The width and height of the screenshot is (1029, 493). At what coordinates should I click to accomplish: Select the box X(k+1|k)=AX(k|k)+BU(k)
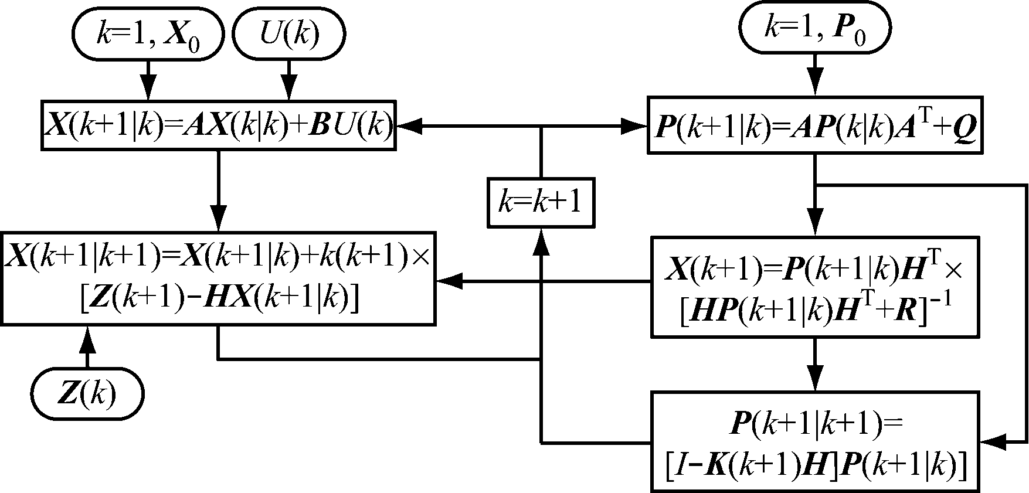coord(219,125)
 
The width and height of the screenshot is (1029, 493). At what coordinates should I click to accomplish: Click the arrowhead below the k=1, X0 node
coord(148,89)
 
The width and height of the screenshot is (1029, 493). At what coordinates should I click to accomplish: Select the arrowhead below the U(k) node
coord(288,89)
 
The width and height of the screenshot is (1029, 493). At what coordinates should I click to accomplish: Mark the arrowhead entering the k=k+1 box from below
coord(541,240)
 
